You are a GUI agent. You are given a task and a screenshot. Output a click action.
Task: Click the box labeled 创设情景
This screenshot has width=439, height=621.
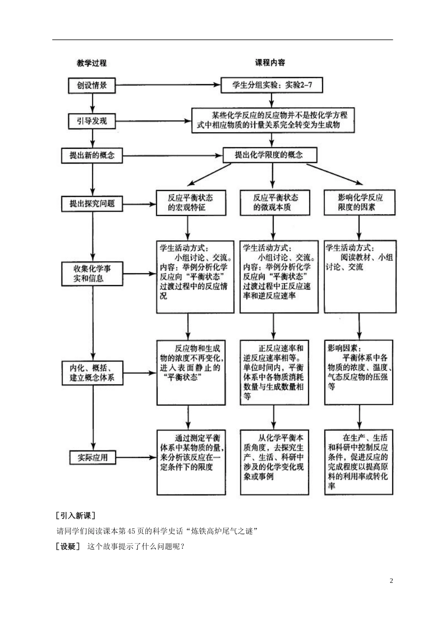click(x=92, y=85)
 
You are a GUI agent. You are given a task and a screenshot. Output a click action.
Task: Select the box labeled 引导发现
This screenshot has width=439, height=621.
click(x=92, y=121)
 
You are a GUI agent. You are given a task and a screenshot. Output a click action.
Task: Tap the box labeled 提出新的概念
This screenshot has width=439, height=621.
click(x=92, y=155)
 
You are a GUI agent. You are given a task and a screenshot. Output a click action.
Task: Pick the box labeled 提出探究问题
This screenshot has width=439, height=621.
click(x=92, y=203)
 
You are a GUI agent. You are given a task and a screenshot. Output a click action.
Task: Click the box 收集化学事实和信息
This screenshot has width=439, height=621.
click(x=92, y=274)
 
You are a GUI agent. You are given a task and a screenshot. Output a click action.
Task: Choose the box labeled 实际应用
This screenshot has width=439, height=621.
click(x=92, y=457)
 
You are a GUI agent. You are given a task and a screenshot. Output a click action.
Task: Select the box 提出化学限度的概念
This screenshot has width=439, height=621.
click(x=269, y=155)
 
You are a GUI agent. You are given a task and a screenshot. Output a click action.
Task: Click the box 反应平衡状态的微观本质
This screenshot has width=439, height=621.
click(x=273, y=203)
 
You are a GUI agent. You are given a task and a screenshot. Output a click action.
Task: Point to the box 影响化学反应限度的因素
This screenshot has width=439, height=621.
click(x=360, y=203)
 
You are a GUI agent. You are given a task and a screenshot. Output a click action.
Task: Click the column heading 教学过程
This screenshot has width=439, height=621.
click(x=91, y=63)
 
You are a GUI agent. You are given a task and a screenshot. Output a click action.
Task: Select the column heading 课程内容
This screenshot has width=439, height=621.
click(x=270, y=62)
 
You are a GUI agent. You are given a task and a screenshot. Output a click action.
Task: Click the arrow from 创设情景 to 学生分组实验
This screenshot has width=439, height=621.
click(x=166, y=85)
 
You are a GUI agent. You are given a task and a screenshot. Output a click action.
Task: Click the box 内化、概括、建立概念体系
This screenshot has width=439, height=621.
click(x=92, y=372)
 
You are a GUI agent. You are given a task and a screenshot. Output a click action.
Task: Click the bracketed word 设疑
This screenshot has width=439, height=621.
click(x=67, y=547)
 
